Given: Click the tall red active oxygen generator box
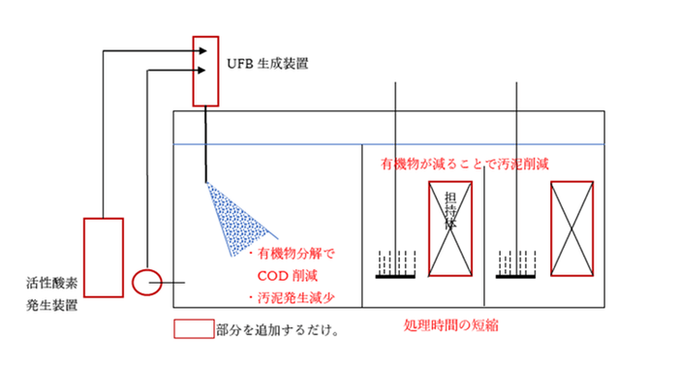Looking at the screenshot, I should pos(103,258).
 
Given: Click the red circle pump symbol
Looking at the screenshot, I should pos(147,282).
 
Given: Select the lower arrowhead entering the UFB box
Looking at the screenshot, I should pos(199,70).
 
